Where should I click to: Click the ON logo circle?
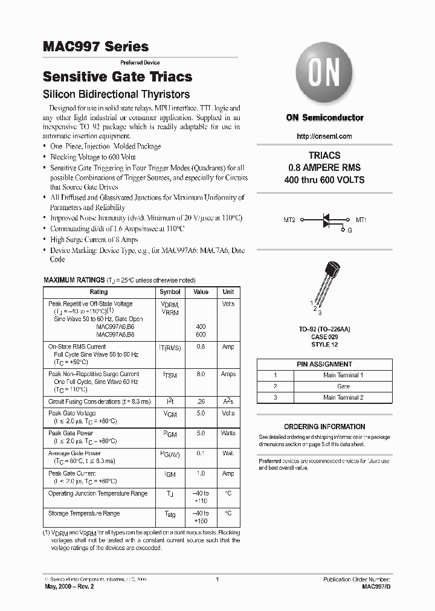pos(324,75)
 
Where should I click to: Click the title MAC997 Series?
pos(95,46)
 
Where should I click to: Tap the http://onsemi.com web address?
pos(324,136)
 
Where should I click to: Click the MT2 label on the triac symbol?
pos(289,220)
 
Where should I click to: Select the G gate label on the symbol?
pos(349,231)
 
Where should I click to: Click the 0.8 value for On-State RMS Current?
pos(201,347)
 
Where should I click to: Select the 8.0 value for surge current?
pos(201,374)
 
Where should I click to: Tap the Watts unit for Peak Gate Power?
pos(228,433)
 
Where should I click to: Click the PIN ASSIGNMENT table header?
pos(324,364)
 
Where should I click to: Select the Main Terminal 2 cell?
pos(343,397)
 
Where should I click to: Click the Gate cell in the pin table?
pos(343,386)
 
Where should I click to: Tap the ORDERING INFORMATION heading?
pos(324,426)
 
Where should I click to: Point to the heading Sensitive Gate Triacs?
pos(118,77)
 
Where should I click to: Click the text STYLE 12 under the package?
pos(325,345)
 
